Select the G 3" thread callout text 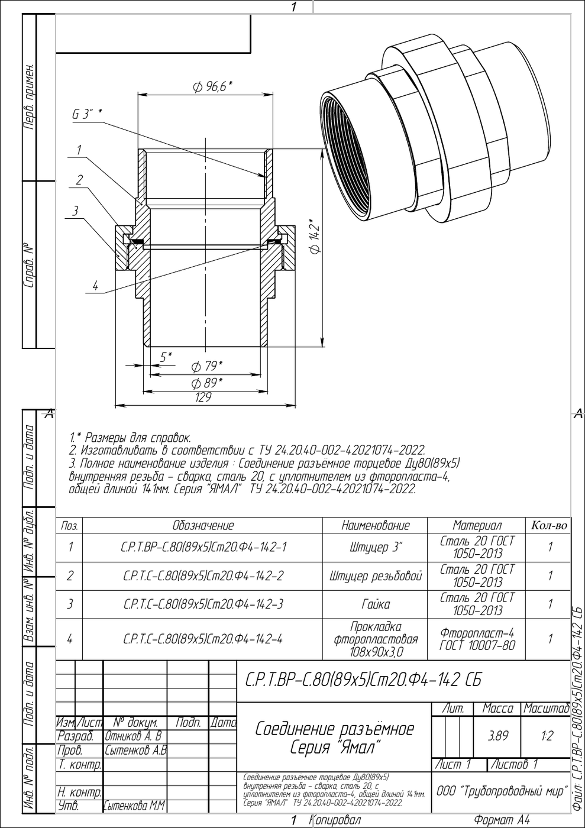pos(87,114)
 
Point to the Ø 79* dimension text pos(207,366)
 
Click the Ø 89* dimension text pos(207,383)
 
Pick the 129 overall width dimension pos(203,397)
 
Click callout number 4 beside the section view pos(95,286)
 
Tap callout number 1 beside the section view pos(79,150)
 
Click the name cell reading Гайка pos(375,604)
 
